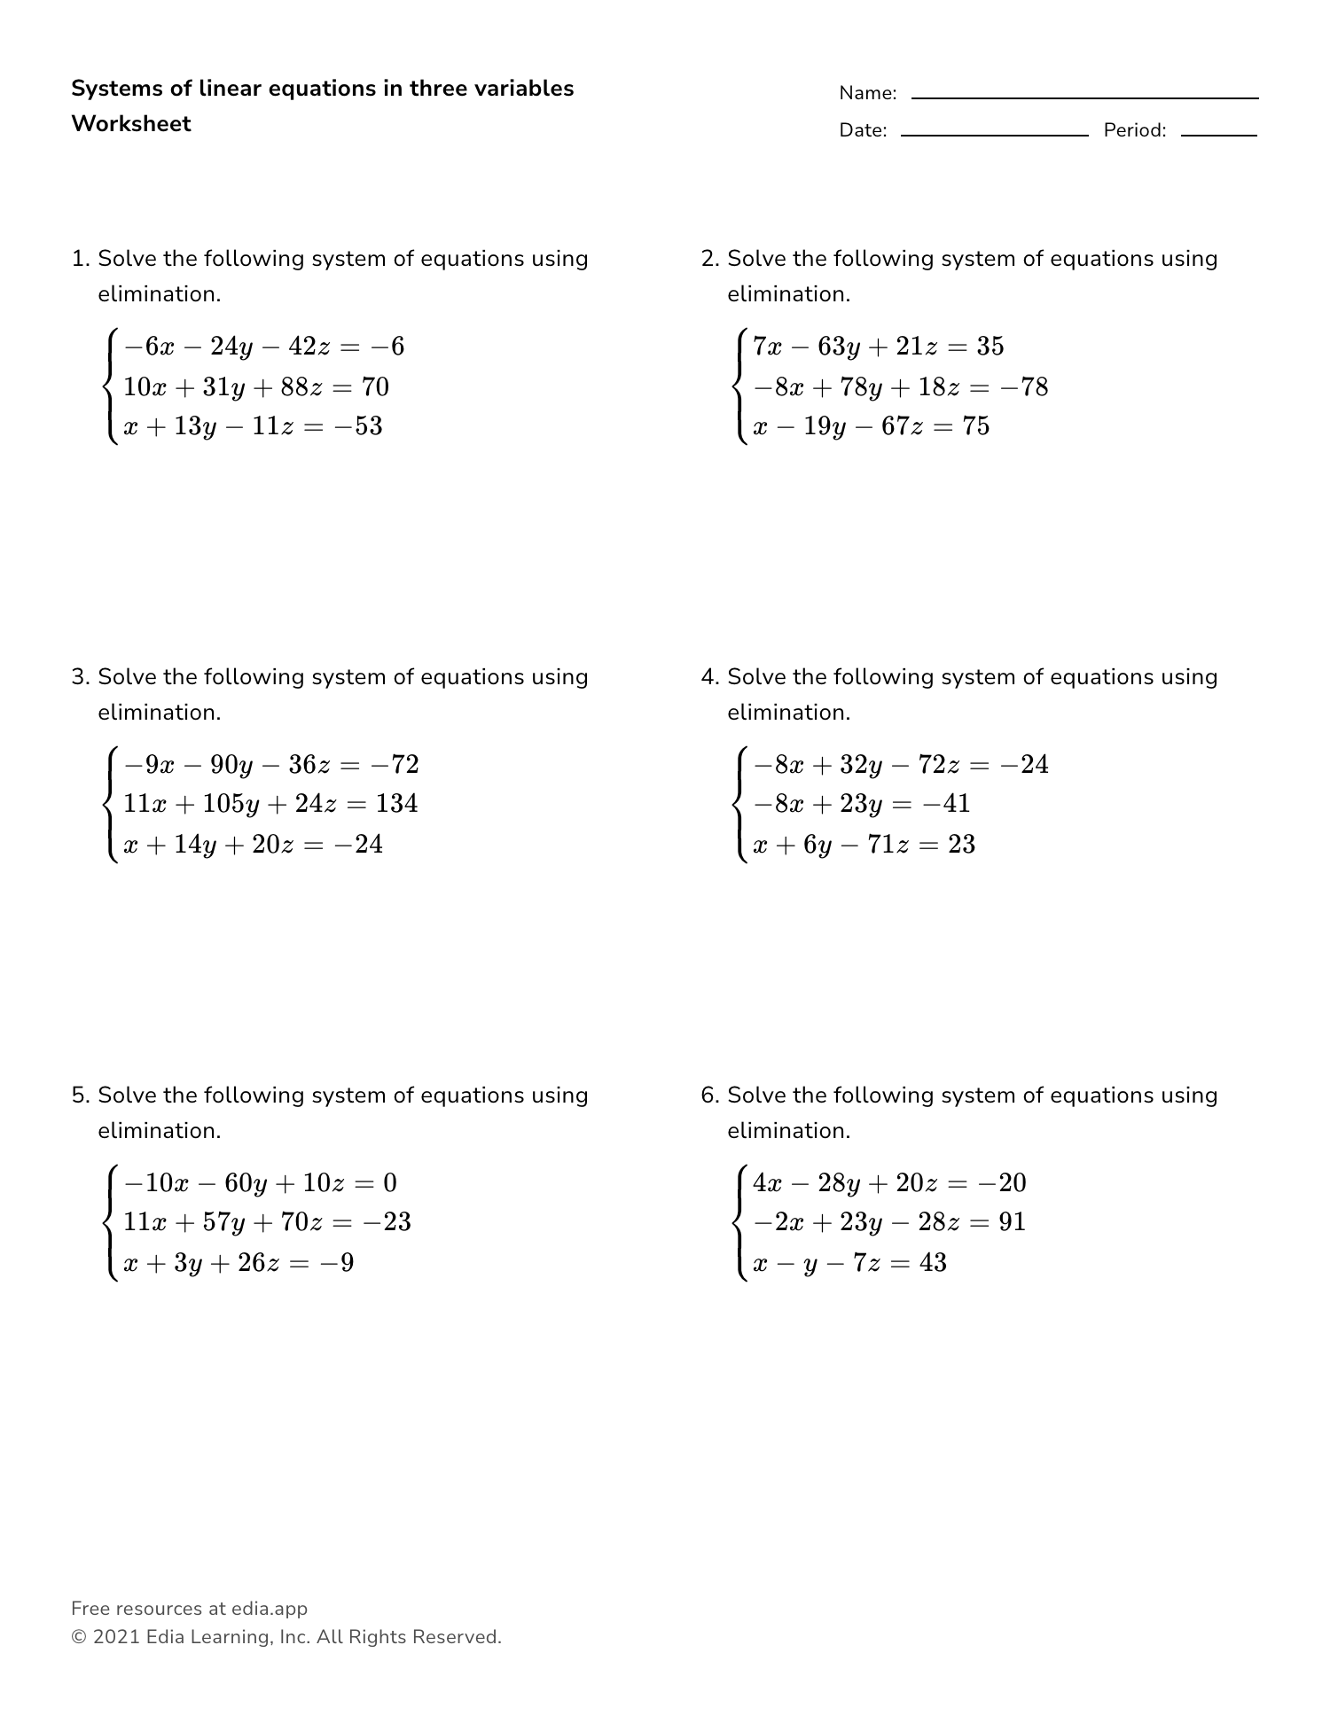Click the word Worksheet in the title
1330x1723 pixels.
[x=130, y=124]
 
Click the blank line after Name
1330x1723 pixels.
[x=1084, y=97]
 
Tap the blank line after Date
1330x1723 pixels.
[x=994, y=135]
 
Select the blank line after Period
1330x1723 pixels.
[x=1218, y=135]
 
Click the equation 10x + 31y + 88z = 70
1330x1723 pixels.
[x=255, y=386]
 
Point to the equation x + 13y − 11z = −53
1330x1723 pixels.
[x=253, y=426]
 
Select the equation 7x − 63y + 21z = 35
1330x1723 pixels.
[x=878, y=347]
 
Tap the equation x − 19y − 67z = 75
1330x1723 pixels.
[x=871, y=426]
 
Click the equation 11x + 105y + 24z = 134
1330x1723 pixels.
[x=270, y=804]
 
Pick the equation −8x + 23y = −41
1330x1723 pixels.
[x=861, y=804]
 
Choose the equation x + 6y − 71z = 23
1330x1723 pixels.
[x=864, y=844]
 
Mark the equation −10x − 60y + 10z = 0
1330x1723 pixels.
[x=260, y=1183]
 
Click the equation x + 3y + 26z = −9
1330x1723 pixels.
[x=238, y=1262]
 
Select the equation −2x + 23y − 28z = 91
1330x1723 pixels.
[x=888, y=1222]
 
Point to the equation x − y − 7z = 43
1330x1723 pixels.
[x=849, y=1262]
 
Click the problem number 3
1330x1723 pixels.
[x=79, y=677]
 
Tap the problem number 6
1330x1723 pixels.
[x=708, y=1095]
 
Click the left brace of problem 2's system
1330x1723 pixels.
[x=739, y=386]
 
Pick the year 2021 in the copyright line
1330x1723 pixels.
[x=115, y=1637]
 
